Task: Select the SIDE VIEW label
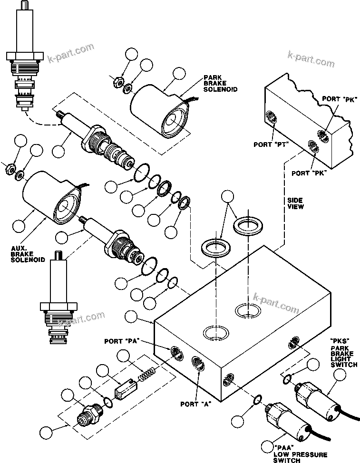click(295, 204)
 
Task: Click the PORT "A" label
click(196, 405)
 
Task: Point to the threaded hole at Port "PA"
click(176, 352)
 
